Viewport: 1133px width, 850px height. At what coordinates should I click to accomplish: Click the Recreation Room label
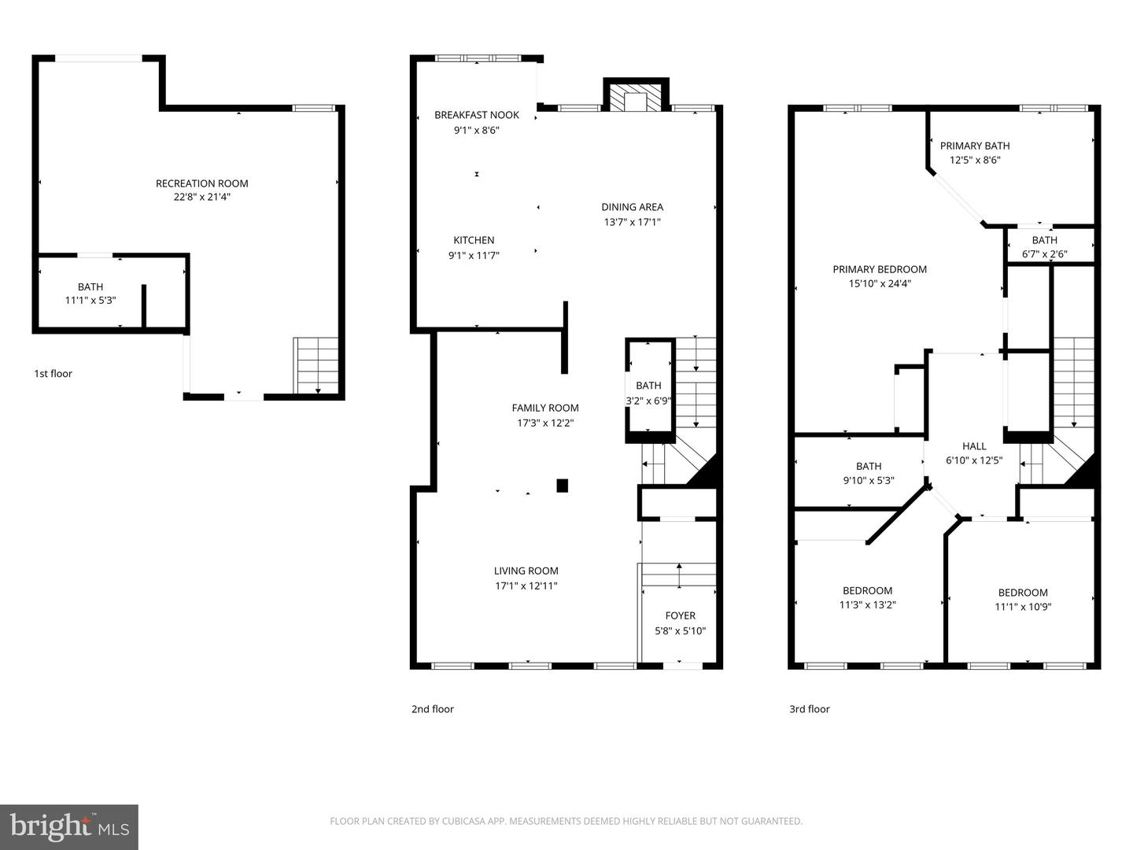tap(202, 183)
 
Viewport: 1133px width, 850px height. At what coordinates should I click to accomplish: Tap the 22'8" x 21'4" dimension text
tap(202, 198)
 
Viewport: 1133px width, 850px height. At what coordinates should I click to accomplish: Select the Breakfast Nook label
tap(477, 115)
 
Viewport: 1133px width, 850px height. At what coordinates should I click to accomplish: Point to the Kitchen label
tap(474, 240)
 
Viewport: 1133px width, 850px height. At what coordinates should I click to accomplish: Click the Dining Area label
tap(632, 207)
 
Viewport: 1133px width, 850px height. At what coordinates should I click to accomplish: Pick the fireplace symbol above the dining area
tap(636, 96)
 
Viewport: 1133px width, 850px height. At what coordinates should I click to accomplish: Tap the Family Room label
tap(545, 408)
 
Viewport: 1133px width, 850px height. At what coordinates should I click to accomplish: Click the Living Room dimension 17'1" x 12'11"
tap(526, 586)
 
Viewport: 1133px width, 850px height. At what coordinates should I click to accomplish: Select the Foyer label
tap(681, 615)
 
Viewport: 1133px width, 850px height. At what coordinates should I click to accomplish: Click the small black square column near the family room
tap(563, 486)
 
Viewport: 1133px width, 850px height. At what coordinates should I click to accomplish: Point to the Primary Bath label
tap(975, 146)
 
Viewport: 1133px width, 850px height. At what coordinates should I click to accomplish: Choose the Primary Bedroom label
tap(880, 269)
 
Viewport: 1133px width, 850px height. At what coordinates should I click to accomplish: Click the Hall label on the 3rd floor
tap(974, 446)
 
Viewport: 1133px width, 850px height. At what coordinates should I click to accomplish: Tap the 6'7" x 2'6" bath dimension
tap(1045, 254)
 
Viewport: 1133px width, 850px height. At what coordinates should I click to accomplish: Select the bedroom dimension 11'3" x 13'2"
tap(868, 605)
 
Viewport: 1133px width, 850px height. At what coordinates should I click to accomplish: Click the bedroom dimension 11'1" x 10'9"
tap(1023, 607)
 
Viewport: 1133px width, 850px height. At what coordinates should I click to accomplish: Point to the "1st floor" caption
tap(53, 374)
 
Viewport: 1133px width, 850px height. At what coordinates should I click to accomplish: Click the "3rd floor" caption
tap(810, 709)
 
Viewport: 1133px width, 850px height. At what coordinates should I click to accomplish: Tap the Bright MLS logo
tap(69, 826)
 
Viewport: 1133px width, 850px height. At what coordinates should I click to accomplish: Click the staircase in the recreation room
tap(316, 365)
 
